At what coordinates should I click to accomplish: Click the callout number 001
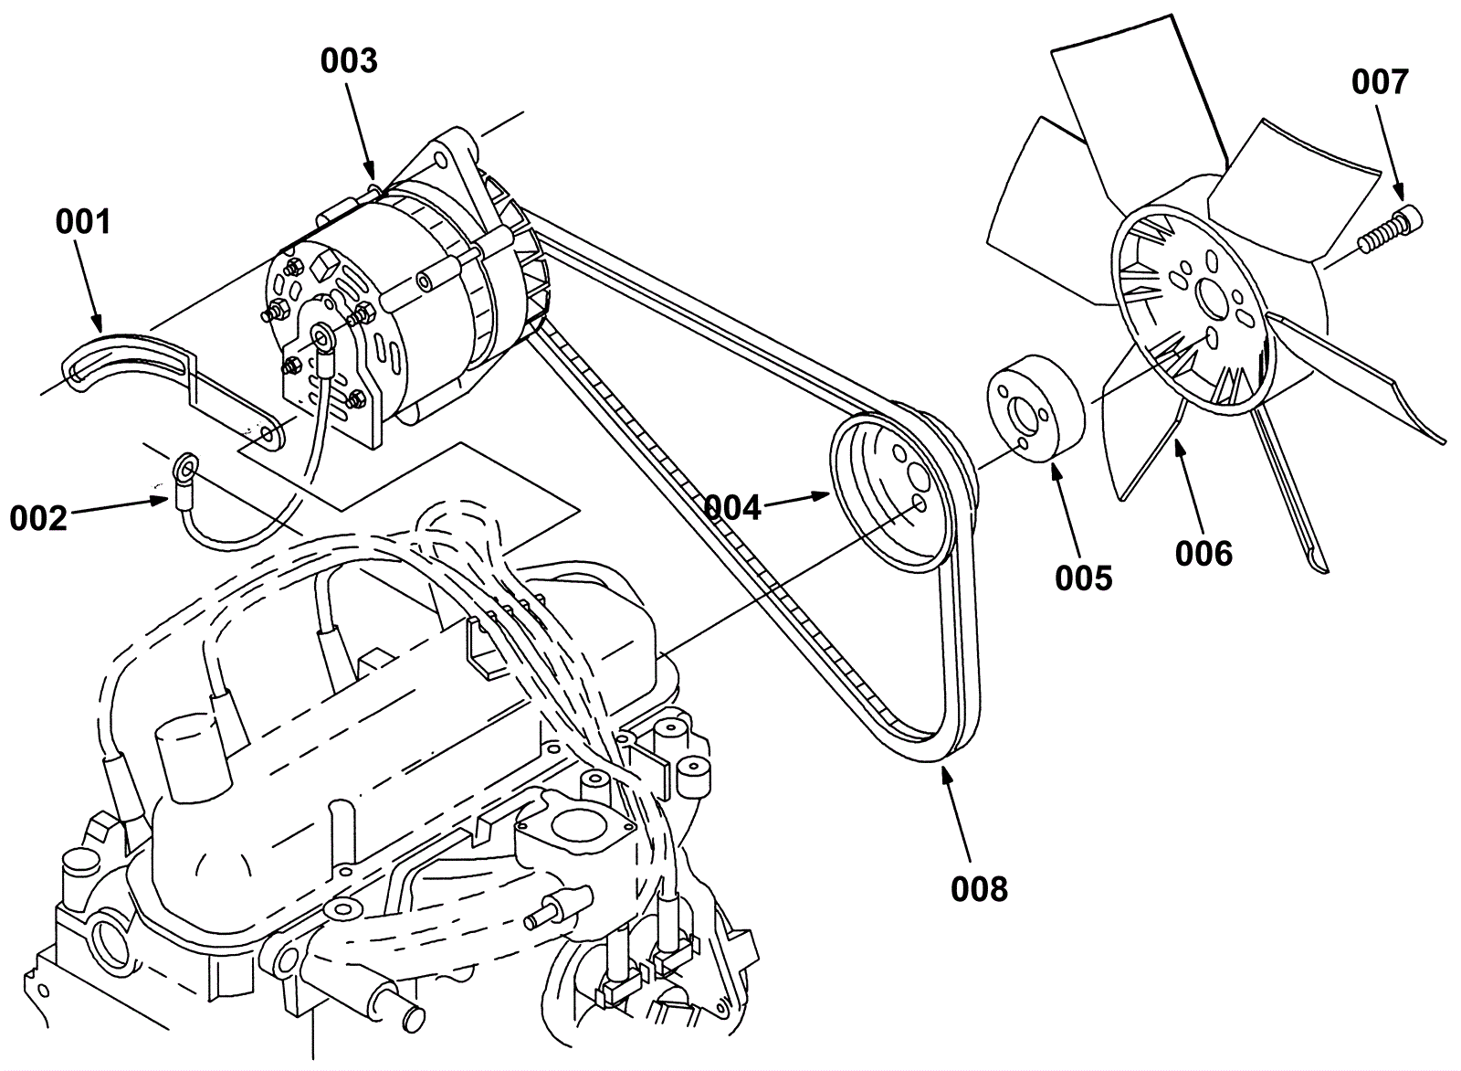(83, 222)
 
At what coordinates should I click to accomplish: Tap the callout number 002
(38, 519)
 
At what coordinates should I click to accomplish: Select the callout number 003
(349, 60)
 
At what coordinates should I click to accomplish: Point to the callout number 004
(733, 508)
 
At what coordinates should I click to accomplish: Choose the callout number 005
(1084, 578)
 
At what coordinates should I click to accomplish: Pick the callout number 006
(1204, 554)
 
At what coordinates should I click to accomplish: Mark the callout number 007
(1380, 82)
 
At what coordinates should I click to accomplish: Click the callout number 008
(979, 889)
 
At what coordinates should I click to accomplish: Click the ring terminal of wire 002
(185, 467)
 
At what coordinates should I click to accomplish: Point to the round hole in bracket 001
(266, 434)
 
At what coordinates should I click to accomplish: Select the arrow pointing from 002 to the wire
(118, 507)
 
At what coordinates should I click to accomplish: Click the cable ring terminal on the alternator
(321, 337)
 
